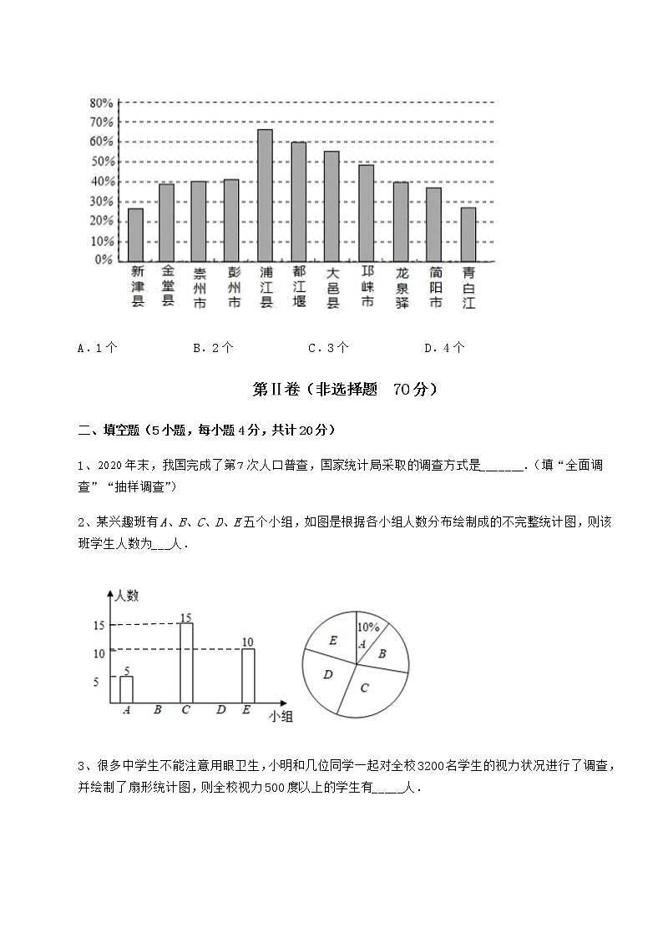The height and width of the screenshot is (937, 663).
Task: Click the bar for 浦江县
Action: pyautogui.click(x=266, y=195)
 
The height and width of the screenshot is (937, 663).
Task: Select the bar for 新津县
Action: pyautogui.click(x=135, y=234)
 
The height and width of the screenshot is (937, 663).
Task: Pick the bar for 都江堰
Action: pyautogui.click(x=298, y=201)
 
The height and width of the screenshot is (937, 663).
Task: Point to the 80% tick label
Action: pyautogui.click(x=101, y=103)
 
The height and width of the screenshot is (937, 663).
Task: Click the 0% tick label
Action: pyautogui.click(x=104, y=260)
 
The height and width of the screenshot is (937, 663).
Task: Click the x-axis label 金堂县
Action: pyautogui.click(x=168, y=286)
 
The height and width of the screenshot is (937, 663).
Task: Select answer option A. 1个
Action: pyautogui.click(x=98, y=348)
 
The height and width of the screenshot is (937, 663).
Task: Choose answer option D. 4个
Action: pyautogui.click(x=445, y=348)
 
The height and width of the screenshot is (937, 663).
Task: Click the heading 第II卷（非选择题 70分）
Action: pyautogui.click(x=344, y=390)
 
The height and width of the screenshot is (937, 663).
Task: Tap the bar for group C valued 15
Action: pyautogui.click(x=186, y=663)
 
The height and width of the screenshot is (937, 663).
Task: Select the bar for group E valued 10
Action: pyautogui.click(x=248, y=676)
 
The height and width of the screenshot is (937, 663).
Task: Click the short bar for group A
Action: pyautogui.click(x=126, y=690)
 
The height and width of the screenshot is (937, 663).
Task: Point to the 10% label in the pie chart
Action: pyautogui.click(x=368, y=627)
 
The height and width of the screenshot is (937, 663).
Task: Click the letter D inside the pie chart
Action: pyautogui.click(x=328, y=673)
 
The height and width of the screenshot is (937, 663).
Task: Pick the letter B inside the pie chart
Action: pyautogui.click(x=382, y=654)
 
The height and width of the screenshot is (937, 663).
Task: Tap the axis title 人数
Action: pyautogui.click(x=128, y=596)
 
